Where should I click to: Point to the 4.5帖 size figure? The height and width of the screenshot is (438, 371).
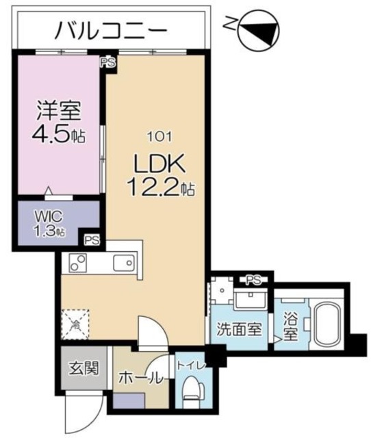click(58, 133)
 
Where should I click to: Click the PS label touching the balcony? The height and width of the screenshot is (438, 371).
click(107, 62)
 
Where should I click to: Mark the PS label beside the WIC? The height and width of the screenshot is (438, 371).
click(92, 240)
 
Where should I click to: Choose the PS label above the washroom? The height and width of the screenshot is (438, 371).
click(254, 279)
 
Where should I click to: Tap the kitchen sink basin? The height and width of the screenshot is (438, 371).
click(123, 263)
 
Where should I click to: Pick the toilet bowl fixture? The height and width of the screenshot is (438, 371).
click(192, 392)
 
